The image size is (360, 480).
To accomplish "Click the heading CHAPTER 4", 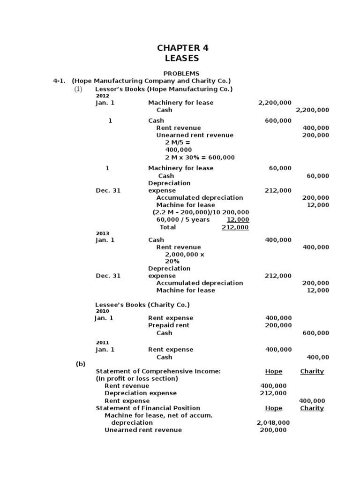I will (183, 48).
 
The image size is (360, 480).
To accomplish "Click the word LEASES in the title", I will (182, 59).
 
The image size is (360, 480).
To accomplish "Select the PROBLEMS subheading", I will (181, 74).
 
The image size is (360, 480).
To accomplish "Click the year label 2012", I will (102, 96).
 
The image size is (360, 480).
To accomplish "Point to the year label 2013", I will (102, 233).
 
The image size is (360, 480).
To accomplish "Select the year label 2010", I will (102, 311).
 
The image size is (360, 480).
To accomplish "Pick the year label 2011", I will (102, 343).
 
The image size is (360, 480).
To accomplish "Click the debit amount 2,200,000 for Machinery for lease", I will (275, 103).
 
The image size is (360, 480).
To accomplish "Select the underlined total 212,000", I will (235, 227).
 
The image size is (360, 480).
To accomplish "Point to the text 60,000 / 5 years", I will (183, 220).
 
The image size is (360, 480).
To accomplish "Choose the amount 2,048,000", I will (273, 422).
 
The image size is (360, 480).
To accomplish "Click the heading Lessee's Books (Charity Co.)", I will (142, 305).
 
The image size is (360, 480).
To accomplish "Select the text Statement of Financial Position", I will (148, 408).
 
